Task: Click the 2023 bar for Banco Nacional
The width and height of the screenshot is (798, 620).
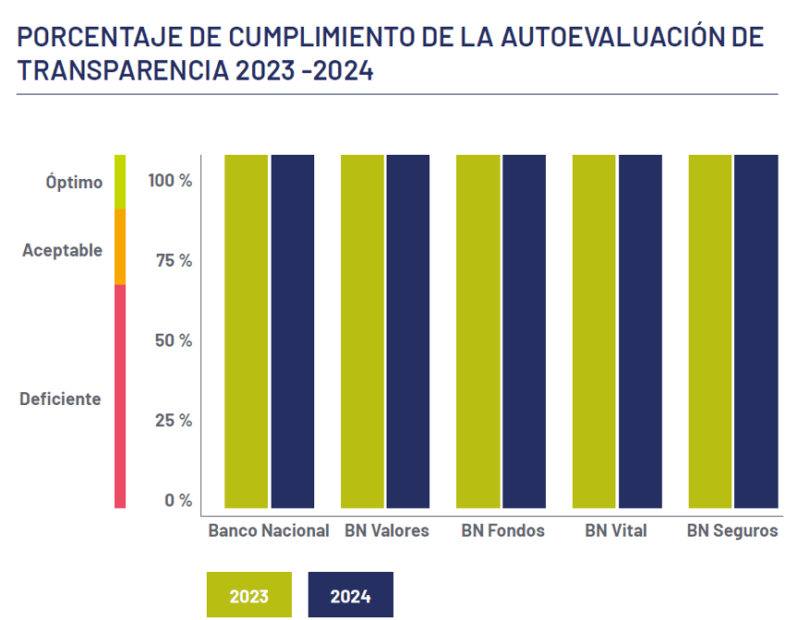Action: (246, 331)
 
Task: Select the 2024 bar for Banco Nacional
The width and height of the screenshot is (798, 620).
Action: (293, 331)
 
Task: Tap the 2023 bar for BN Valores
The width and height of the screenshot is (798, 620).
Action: (362, 331)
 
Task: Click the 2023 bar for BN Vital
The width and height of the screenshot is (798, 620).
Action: (594, 331)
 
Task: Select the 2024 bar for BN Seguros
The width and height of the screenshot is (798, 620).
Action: (756, 331)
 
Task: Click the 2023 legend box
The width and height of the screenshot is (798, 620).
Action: (249, 595)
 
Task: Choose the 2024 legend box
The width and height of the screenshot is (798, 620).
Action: (350, 595)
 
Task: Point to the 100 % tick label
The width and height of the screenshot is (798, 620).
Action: (170, 180)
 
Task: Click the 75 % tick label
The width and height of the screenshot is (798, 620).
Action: (174, 260)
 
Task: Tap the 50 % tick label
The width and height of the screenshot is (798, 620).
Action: (174, 340)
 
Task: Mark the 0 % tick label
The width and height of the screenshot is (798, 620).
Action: (178, 500)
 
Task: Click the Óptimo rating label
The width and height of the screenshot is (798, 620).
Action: (74, 182)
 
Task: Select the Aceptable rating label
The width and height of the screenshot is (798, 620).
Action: (62, 250)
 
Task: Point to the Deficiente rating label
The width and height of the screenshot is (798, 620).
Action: (60, 399)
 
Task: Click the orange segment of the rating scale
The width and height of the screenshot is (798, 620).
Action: (120, 246)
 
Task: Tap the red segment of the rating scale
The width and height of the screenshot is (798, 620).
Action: (120, 396)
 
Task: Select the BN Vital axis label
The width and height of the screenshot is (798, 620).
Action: (616, 531)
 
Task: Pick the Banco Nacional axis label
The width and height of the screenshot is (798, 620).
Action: (268, 531)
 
